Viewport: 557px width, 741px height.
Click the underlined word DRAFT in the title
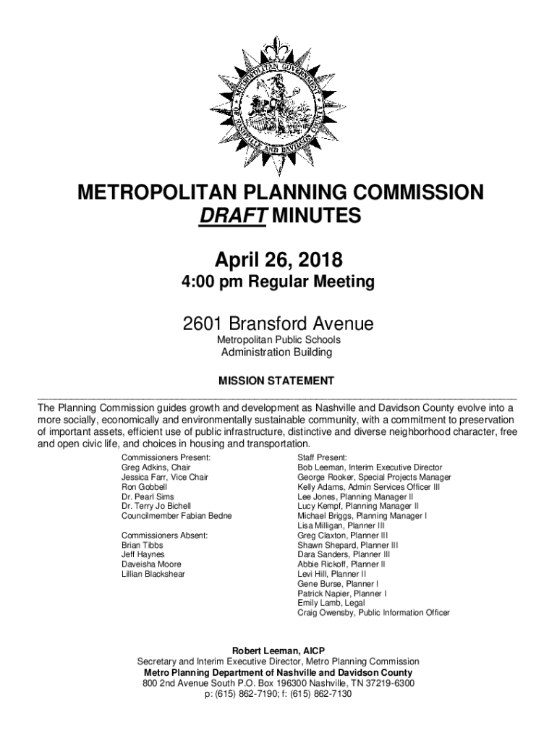[232, 216]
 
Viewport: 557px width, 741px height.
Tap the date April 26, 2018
[278, 258]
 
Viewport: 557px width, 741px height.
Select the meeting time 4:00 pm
[209, 281]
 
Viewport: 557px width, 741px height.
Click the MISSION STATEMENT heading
[277, 380]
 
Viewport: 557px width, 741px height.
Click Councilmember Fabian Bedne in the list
[177, 517]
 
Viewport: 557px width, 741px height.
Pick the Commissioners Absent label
[165, 535]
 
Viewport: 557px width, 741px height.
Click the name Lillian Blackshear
[153, 575]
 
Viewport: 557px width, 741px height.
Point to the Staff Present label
[323, 458]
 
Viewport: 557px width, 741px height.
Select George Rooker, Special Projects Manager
[374, 478]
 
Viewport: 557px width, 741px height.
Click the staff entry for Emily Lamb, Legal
[331, 603]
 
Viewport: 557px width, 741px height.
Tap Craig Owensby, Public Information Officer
[373, 613]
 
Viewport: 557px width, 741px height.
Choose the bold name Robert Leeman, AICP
[278, 651]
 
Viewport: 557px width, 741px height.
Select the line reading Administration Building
[277, 352]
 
